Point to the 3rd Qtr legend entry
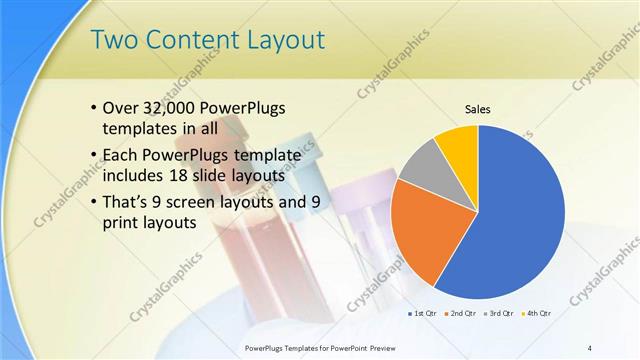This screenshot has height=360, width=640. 499,314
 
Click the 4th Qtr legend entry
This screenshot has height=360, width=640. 538,314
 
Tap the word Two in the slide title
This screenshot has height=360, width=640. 112,41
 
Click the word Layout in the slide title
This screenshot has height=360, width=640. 280,41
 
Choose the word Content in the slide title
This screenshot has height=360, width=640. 186,41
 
